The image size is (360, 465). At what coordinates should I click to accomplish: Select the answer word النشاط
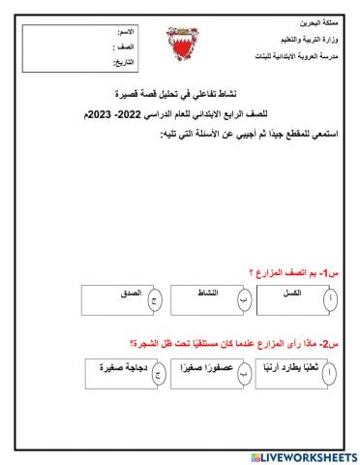click(x=207, y=293)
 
